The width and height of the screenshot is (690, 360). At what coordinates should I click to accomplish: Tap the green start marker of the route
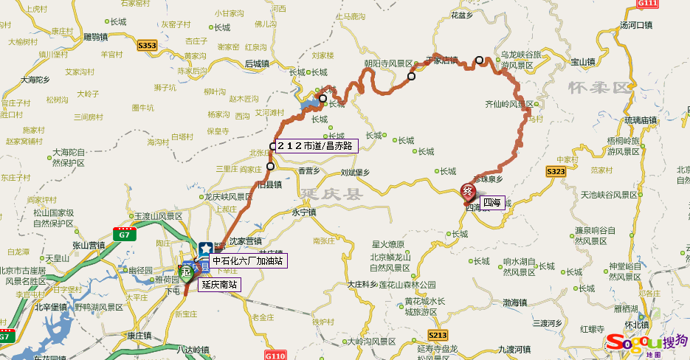coord(187,273)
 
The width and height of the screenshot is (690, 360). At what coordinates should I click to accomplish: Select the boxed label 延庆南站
coord(219,284)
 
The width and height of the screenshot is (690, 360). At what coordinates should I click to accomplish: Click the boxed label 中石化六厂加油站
coord(247,260)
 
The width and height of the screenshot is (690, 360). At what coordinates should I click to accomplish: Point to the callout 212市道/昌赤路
coord(317,145)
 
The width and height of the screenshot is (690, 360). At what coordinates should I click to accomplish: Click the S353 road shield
coord(147,46)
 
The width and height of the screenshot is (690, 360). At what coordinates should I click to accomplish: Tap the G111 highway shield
coord(646,3)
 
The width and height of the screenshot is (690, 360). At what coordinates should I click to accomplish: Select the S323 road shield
coord(556,171)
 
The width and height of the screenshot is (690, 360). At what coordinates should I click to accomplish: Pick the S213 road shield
coord(438,334)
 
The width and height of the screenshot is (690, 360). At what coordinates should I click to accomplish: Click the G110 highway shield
coord(274,355)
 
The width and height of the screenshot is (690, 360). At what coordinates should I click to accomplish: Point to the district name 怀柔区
coord(599,89)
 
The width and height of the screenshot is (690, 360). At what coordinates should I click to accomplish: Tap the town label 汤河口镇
coord(636,25)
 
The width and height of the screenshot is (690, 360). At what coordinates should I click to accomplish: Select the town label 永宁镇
coord(303,212)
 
